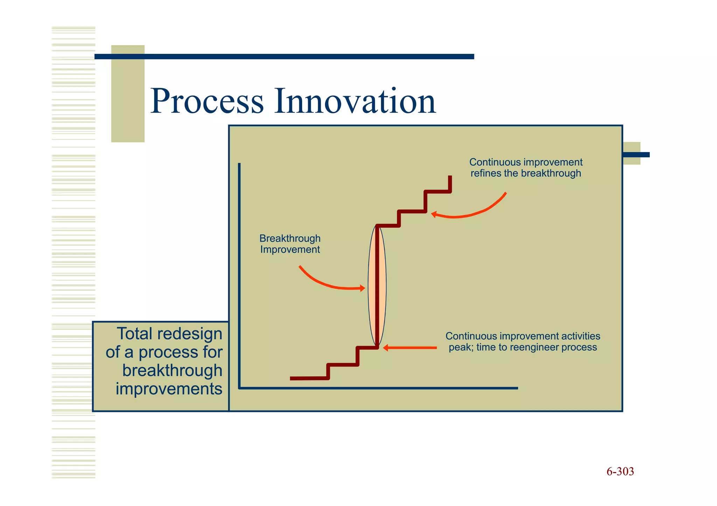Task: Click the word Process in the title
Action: [x=207, y=101]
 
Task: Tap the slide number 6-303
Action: [x=620, y=471]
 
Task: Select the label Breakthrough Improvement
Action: [x=290, y=244]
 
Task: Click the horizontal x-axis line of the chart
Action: [x=378, y=388]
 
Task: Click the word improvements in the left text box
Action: [x=169, y=389]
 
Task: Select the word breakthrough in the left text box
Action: [x=172, y=370]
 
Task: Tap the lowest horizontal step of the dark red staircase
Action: [x=308, y=378]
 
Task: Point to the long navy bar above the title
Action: [x=284, y=57]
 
